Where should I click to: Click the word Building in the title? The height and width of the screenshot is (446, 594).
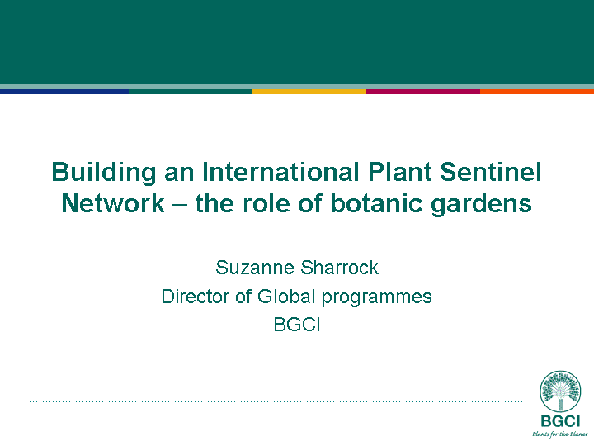point(103,173)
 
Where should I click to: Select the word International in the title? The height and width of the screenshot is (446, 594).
point(280,172)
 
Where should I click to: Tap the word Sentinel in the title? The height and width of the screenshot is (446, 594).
point(491,172)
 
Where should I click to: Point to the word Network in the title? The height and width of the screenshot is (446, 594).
point(113,203)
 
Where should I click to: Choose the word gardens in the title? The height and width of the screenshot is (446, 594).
point(482,205)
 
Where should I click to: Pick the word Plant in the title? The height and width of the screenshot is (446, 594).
point(399,172)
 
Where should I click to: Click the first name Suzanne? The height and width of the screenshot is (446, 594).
point(255,268)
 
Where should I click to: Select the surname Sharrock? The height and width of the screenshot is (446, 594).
point(340,268)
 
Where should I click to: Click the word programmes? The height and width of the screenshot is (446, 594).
point(377,297)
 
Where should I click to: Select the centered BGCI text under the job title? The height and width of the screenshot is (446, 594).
point(297,325)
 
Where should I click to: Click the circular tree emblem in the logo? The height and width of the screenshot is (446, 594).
point(560,391)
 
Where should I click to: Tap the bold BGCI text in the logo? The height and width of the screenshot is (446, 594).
point(560,421)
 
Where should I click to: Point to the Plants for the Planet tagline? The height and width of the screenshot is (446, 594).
point(560,434)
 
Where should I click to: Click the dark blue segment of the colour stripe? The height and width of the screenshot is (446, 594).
point(64,92)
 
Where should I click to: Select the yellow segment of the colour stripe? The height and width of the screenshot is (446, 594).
point(309,92)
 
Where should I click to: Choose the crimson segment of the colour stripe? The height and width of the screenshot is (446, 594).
point(423,92)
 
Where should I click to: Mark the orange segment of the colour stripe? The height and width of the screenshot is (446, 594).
point(537,92)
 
